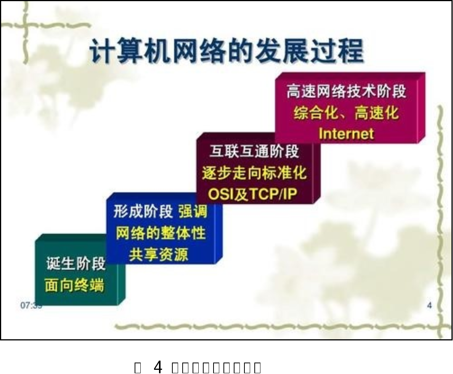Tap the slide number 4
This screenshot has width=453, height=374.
pyautogui.click(x=429, y=305)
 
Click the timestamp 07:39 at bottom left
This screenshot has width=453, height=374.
pyautogui.click(x=31, y=305)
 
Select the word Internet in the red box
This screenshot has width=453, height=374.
pyautogui.click(x=346, y=134)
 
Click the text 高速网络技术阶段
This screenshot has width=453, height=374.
pyautogui.click(x=346, y=92)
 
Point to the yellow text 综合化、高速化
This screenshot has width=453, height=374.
pyautogui.click(x=346, y=113)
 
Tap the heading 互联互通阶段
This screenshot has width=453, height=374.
pyautogui.click(x=254, y=152)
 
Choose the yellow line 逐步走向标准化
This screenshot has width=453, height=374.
pyautogui.click(x=254, y=173)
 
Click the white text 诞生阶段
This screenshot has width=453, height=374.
pyautogui.click(x=76, y=264)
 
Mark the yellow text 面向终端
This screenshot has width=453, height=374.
pyautogui.click(x=74, y=285)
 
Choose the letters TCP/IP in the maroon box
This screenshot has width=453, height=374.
pyautogui.click(x=272, y=194)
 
